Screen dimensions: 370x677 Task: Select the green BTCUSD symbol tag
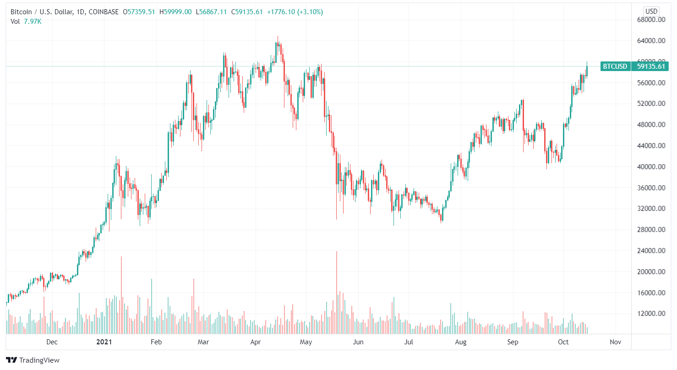point(615,66)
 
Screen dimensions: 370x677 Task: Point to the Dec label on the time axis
point(52,342)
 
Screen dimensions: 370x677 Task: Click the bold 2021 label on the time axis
point(104,342)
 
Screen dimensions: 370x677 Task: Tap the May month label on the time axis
point(306,342)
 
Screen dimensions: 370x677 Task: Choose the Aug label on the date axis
point(461,342)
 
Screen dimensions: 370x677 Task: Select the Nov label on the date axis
point(615,342)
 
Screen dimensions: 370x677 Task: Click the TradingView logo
point(33,360)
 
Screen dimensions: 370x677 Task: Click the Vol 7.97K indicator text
point(26,21)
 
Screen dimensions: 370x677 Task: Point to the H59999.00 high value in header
point(175,12)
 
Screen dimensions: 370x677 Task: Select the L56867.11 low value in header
point(211,12)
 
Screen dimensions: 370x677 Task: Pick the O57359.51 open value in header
point(140,12)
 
